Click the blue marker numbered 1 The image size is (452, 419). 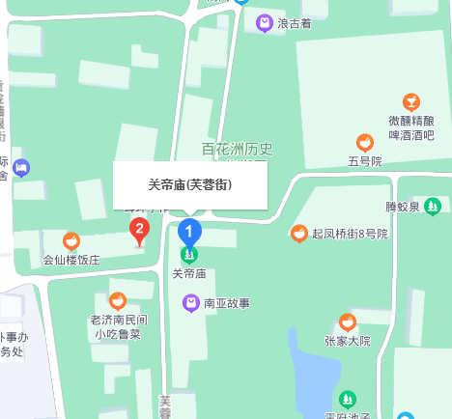pos(190,232)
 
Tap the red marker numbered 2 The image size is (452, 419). pos(140,230)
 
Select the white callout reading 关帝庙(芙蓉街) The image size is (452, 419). pos(190,184)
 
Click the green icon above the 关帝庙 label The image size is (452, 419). pos(190,256)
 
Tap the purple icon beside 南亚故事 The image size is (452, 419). pos(191,303)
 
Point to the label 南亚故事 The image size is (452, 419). pos(227,303)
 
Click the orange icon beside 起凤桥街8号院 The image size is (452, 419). pos(299,234)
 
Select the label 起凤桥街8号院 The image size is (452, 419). pos(349,234)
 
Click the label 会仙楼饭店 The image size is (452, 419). pos(71,260)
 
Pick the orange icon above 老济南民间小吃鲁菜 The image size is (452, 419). pos(118,300)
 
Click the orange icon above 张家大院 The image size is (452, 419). pos(348,322)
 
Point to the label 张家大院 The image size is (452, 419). pos(348,341)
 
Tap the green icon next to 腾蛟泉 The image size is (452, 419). pos(433,206)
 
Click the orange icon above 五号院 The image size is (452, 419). pos(365,143)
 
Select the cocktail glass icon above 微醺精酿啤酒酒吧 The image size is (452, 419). pos(411,102)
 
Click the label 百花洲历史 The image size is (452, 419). pos(238,149)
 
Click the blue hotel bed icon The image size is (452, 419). pos(21,168)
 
